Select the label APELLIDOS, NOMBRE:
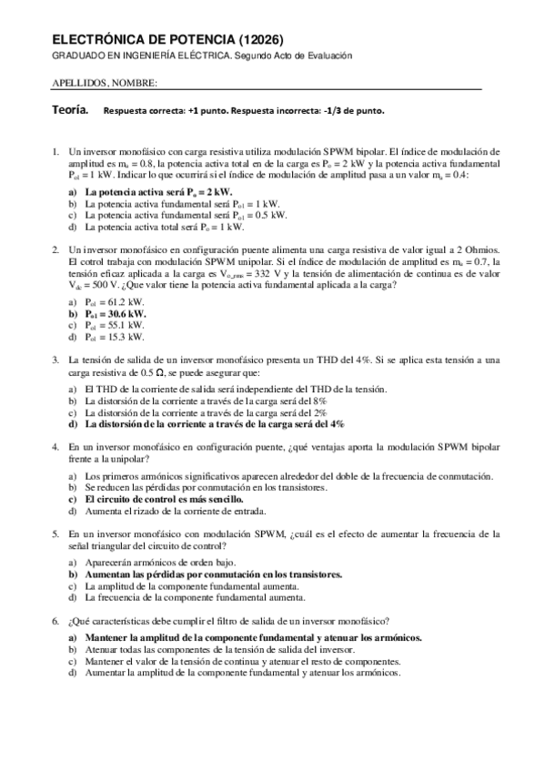[x=106, y=83]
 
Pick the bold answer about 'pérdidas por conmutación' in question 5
[x=213, y=575]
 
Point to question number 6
[x=56, y=619]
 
